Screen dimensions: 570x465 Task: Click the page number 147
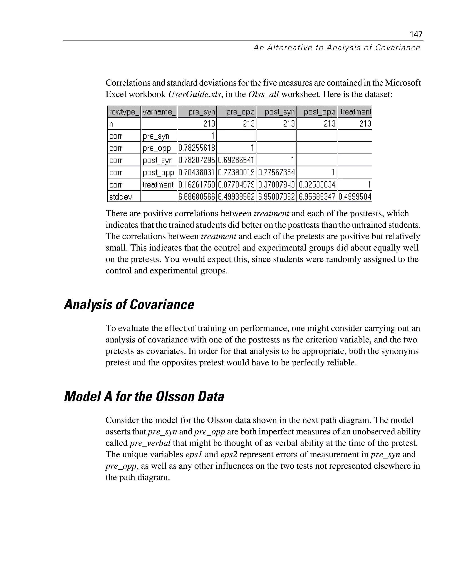click(416, 34)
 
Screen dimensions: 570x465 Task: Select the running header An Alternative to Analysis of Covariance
click(337, 48)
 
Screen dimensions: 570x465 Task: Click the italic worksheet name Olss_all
click(264, 94)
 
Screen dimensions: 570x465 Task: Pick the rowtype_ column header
click(124, 112)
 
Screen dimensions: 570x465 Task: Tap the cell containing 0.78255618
click(197, 148)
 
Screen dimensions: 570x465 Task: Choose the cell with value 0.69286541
click(236, 160)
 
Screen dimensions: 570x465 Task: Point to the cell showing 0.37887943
click(276, 185)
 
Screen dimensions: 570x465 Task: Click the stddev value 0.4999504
click(355, 197)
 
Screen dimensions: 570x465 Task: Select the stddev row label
click(121, 197)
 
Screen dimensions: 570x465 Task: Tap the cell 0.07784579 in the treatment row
click(236, 185)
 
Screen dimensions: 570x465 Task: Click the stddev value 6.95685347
click(317, 197)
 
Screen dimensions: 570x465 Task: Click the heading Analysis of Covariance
click(129, 305)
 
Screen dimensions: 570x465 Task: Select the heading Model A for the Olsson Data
click(144, 396)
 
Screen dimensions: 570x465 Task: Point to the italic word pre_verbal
click(150, 443)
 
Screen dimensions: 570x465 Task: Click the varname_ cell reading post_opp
click(158, 173)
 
